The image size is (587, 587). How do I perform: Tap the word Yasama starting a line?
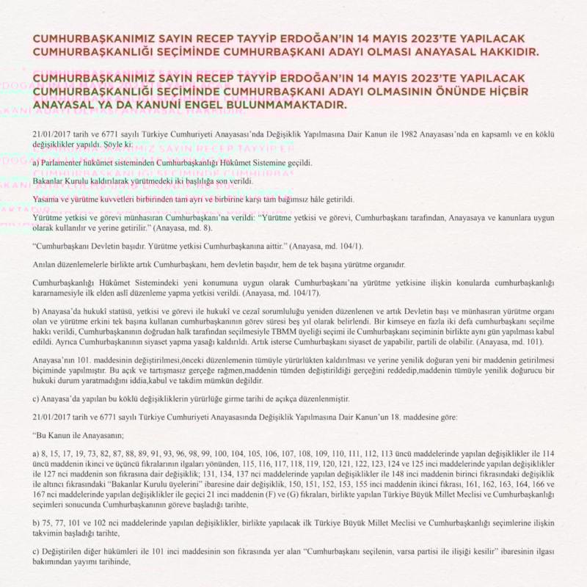click(47, 200)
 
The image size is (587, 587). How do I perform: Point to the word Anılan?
click(45, 264)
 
